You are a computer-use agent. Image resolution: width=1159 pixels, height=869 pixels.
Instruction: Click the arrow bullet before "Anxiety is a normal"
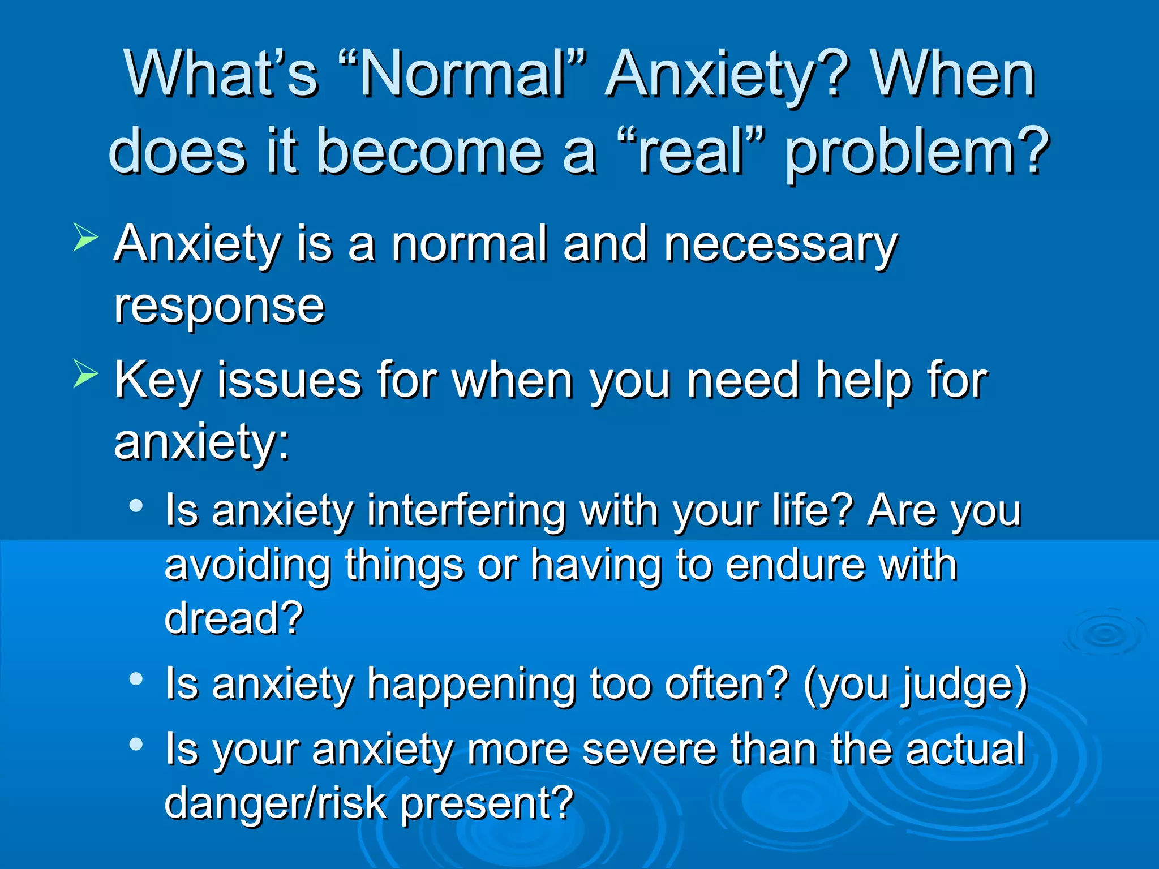(x=85, y=237)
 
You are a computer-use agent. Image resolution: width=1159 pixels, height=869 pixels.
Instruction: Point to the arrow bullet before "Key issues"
(x=85, y=375)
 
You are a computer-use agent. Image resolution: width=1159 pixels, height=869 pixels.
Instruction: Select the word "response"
(x=220, y=307)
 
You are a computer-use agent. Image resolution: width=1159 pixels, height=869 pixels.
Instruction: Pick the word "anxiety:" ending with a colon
(x=202, y=442)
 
